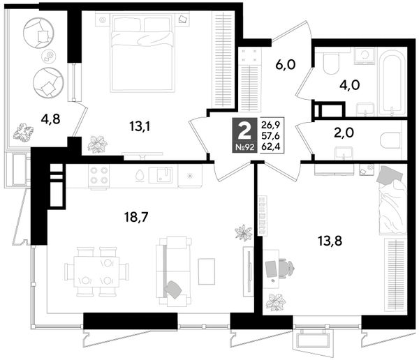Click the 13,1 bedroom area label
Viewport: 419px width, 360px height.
(140, 126)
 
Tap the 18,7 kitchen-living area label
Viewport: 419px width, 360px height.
(136, 217)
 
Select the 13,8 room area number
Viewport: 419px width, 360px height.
(330, 241)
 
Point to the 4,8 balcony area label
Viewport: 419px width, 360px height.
(50, 119)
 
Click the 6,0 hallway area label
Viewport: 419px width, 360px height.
(286, 64)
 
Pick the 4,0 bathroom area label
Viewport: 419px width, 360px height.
(350, 85)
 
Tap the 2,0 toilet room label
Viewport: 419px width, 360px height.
(344, 133)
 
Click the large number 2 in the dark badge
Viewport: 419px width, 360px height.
(244, 132)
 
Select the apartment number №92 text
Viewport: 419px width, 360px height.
(244, 147)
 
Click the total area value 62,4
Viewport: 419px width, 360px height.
(270, 147)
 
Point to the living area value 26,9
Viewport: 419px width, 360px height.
(270, 124)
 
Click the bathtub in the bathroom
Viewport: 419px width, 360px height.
(392, 82)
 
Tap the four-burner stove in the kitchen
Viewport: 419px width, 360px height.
(100, 175)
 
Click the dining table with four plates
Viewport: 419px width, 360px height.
(96, 271)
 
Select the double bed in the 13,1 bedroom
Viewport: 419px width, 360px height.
(142, 52)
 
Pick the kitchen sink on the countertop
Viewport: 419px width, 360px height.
(161, 175)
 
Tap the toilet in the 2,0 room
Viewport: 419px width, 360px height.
(390, 140)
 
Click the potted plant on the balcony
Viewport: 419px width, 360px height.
(24, 131)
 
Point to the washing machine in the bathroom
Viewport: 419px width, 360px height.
(365, 56)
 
